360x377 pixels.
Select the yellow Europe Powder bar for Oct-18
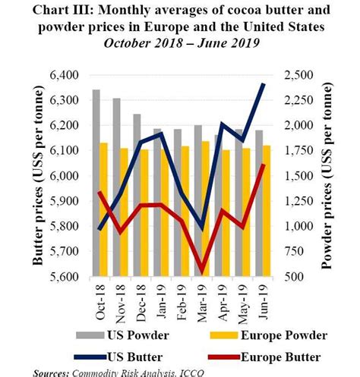pyautogui.click(x=104, y=209)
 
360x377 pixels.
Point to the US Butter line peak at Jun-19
pyautogui.click(x=264, y=84)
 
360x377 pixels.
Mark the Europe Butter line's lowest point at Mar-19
pyautogui.click(x=201, y=271)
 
